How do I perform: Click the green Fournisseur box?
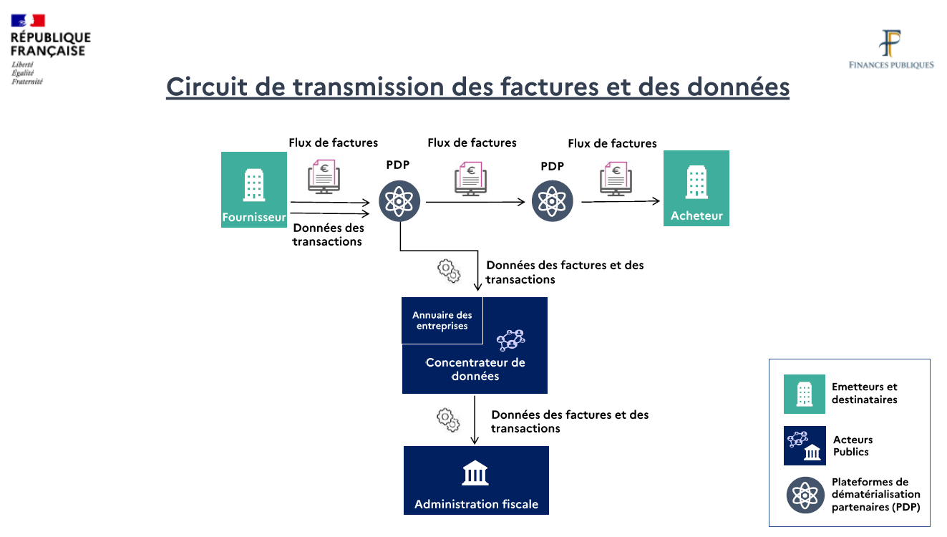click(x=254, y=189)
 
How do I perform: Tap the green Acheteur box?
click(x=696, y=188)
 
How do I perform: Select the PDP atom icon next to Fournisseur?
click(x=399, y=201)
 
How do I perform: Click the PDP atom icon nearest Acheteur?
click(x=553, y=201)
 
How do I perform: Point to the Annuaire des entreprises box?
click(x=442, y=320)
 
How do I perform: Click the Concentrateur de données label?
click(x=475, y=369)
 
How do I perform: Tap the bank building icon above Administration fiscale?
click(x=475, y=473)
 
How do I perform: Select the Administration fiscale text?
click(x=476, y=504)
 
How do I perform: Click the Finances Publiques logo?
click(x=891, y=49)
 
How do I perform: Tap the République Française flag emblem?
click(x=28, y=20)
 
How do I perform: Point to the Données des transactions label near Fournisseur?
click(x=328, y=235)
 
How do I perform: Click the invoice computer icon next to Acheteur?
click(x=615, y=178)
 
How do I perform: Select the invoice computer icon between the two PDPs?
click(x=470, y=178)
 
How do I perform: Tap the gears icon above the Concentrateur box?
click(x=449, y=269)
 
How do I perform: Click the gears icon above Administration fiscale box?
click(x=448, y=419)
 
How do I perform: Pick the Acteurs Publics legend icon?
click(x=805, y=445)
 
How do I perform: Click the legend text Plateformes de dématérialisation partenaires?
click(x=875, y=495)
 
